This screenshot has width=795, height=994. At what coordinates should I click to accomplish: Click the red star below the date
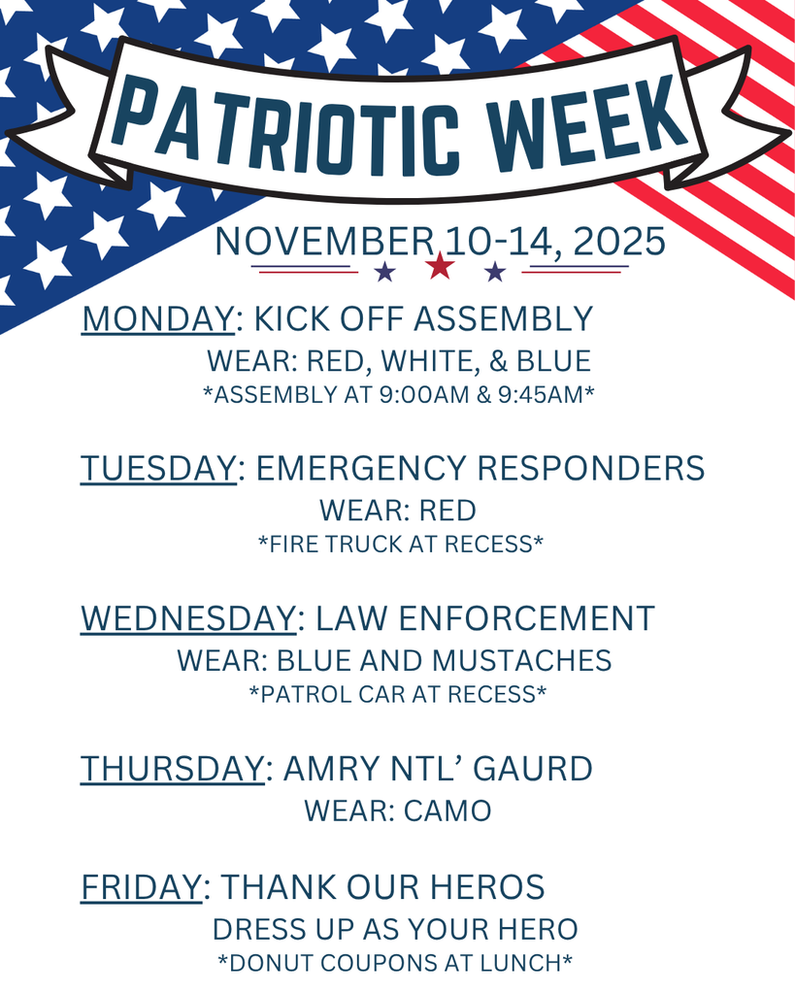441,265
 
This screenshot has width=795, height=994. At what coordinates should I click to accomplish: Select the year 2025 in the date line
619,242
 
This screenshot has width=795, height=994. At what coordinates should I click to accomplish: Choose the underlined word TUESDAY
158,468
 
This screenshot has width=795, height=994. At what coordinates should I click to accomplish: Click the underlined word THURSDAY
172,769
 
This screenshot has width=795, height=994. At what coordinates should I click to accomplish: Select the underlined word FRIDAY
141,887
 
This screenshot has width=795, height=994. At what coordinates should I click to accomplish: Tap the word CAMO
447,811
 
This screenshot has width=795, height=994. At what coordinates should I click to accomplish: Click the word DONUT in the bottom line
276,963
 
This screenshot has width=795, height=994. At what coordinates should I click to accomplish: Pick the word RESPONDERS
590,468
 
